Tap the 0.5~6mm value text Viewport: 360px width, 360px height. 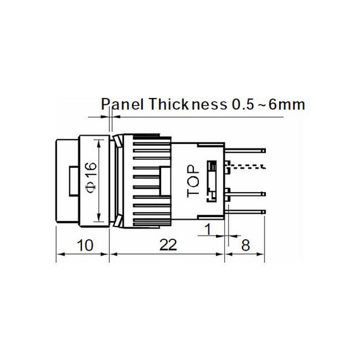[x=265, y=105]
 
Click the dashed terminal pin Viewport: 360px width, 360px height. [x=246, y=166]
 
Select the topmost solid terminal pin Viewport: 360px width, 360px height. [x=246, y=150]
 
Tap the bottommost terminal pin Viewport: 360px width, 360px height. [x=246, y=210]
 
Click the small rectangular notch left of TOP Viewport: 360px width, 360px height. [x=165, y=179]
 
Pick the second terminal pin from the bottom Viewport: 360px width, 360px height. [x=246, y=194]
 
